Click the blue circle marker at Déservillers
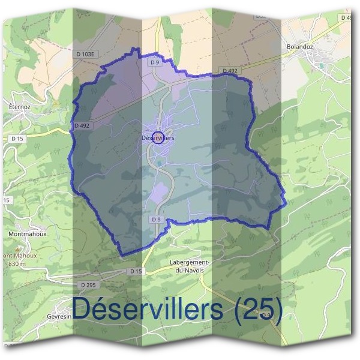(158, 138)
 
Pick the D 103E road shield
(85, 54)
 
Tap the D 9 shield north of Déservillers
(154, 62)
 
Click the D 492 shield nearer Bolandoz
(230, 71)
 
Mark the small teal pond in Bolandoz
(322, 65)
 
